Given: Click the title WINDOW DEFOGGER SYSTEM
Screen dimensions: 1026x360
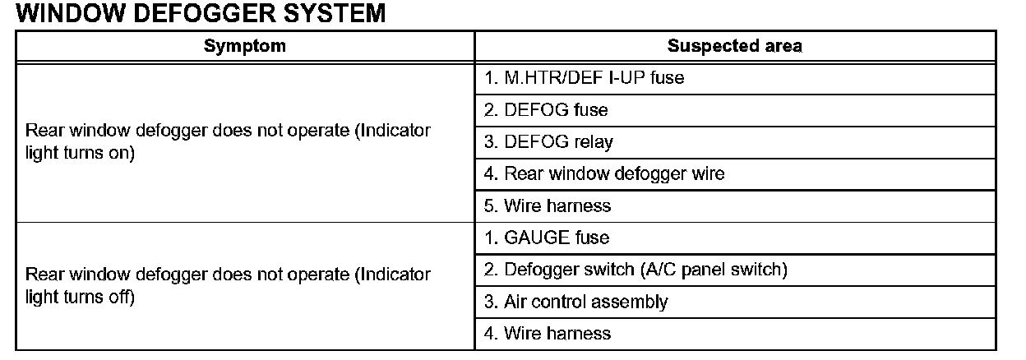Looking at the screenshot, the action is point(201,14).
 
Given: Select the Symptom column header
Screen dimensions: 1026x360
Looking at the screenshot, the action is point(245,46).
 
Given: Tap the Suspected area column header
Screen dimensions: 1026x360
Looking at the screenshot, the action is point(734,46).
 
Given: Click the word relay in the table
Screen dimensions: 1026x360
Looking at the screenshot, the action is point(594,142).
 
